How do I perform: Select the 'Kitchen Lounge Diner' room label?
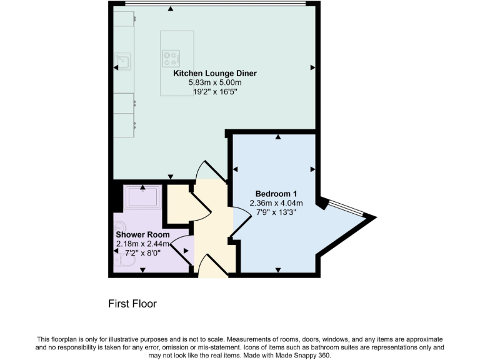coord(214,73)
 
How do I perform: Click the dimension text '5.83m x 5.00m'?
coord(214,82)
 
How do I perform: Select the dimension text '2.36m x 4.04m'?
coord(276,203)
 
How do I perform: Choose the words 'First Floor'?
coord(132,304)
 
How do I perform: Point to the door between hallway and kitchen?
coord(206,172)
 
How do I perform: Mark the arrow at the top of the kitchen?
coord(171,9)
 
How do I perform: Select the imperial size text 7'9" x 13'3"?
coord(276,212)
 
